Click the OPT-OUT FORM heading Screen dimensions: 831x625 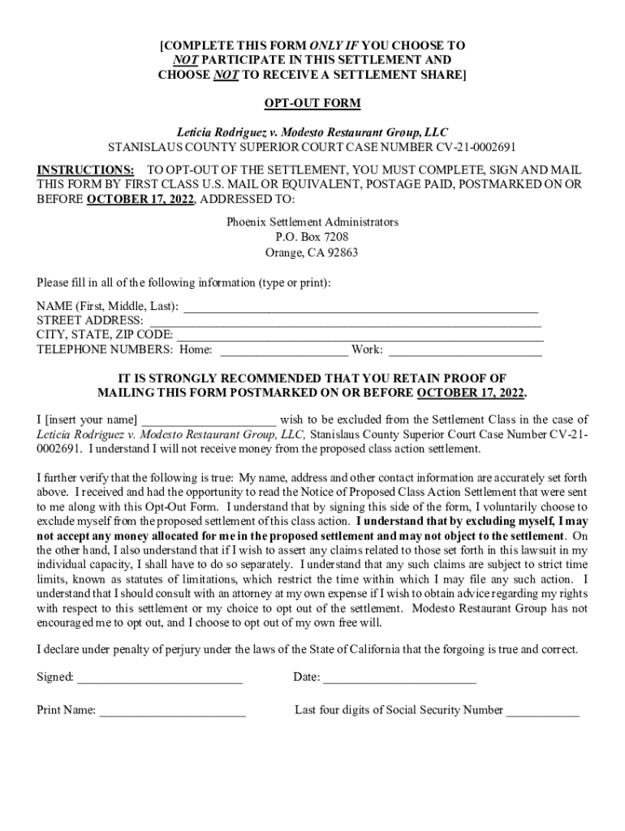[x=312, y=104]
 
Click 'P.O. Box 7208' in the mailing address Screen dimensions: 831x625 [x=312, y=237]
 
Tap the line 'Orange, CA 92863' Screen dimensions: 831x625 [x=312, y=252]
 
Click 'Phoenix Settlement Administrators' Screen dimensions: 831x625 [x=312, y=222]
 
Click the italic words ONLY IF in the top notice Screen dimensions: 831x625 [x=334, y=45]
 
